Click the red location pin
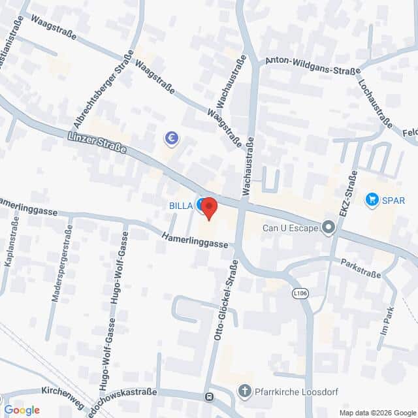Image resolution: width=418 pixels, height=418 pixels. point(208,208)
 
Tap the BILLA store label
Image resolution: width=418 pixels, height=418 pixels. point(180,206)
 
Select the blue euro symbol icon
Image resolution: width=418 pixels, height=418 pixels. point(172,138)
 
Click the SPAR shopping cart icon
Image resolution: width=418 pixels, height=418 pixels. point(372,199)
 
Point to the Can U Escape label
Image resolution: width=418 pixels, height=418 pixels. point(289,229)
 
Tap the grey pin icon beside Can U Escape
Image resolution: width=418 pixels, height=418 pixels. point(329,228)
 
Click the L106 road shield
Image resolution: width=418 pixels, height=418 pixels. point(299,295)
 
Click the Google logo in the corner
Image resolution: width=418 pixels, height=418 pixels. point(22,410)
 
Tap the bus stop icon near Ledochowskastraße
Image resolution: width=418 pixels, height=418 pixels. point(209,396)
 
